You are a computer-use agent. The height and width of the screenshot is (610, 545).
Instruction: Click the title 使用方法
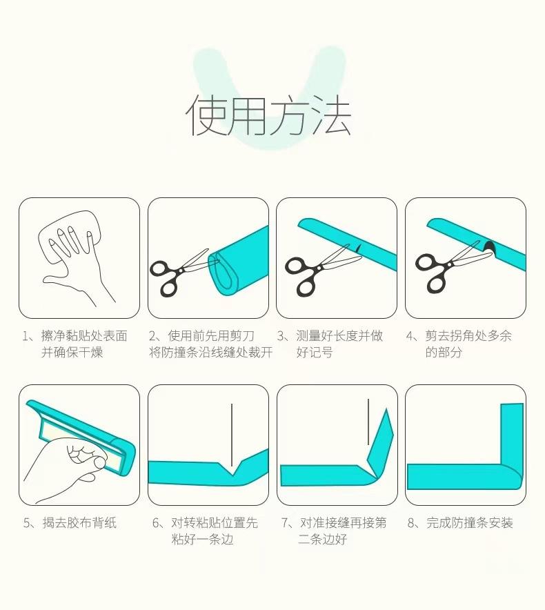pyautogui.click(x=268, y=115)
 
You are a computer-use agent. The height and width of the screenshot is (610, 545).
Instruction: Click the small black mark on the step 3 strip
pyautogui.click(x=358, y=248)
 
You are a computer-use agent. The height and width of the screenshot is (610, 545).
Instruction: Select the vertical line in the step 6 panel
pyautogui.click(x=232, y=435)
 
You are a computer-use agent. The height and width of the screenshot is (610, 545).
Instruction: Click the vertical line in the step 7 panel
pyautogui.click(x=368, y=422)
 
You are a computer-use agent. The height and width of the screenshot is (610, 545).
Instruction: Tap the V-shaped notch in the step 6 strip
pyautogui.click(x=232, y=469)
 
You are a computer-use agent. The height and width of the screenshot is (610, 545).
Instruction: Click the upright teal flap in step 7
pyautogui.click(x=380, y=444)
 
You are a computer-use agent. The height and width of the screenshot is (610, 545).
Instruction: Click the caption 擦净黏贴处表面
pyautogui.click(x=84, y=336)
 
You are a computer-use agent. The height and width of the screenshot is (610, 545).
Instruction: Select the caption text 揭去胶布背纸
pyautogui.click(x=79, y=522)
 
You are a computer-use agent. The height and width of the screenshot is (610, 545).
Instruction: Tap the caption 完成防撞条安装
pyautogui.click(x=470, y=522)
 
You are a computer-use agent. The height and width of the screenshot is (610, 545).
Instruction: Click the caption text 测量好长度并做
pyautogui.click(x=339, y=336)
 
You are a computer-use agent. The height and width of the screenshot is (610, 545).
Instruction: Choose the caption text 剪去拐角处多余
pyautogui.click(x=468, y=336)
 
